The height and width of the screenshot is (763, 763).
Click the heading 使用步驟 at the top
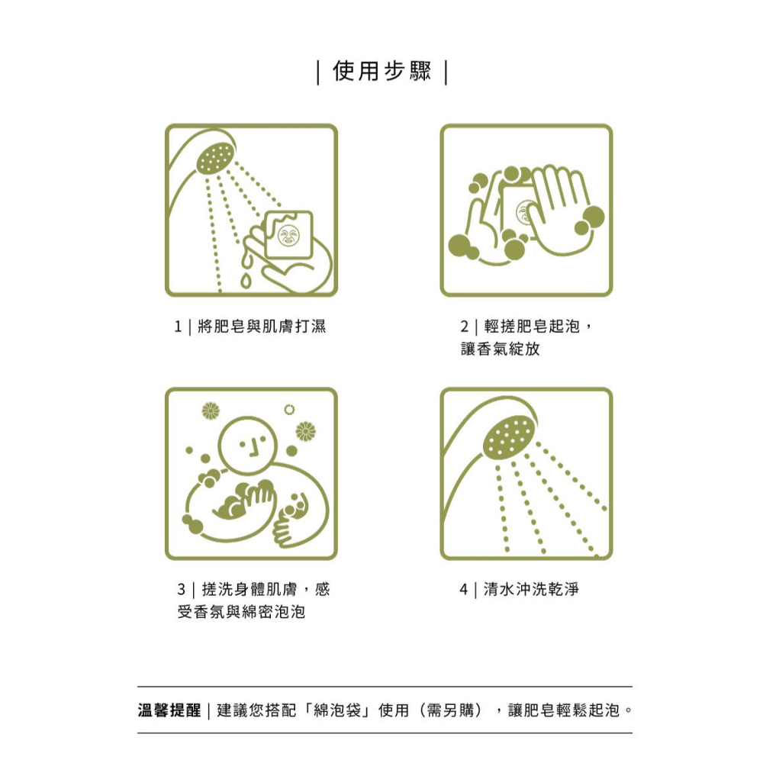(x=381, y=72)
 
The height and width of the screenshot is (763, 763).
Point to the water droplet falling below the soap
(x=245, y=282)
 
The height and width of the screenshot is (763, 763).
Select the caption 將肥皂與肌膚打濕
(x=261, y=327)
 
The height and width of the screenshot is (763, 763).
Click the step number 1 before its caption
(x=179, y=327)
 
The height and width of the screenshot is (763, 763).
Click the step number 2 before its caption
(x=465, y=327)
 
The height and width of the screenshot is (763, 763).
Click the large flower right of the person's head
(x=305, y=431)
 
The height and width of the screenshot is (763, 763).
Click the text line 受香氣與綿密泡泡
(x=241, y=612)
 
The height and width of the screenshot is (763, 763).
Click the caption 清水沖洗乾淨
(x=531, y=590)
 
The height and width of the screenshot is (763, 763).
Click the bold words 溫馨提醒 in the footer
(x=169, y=710)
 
